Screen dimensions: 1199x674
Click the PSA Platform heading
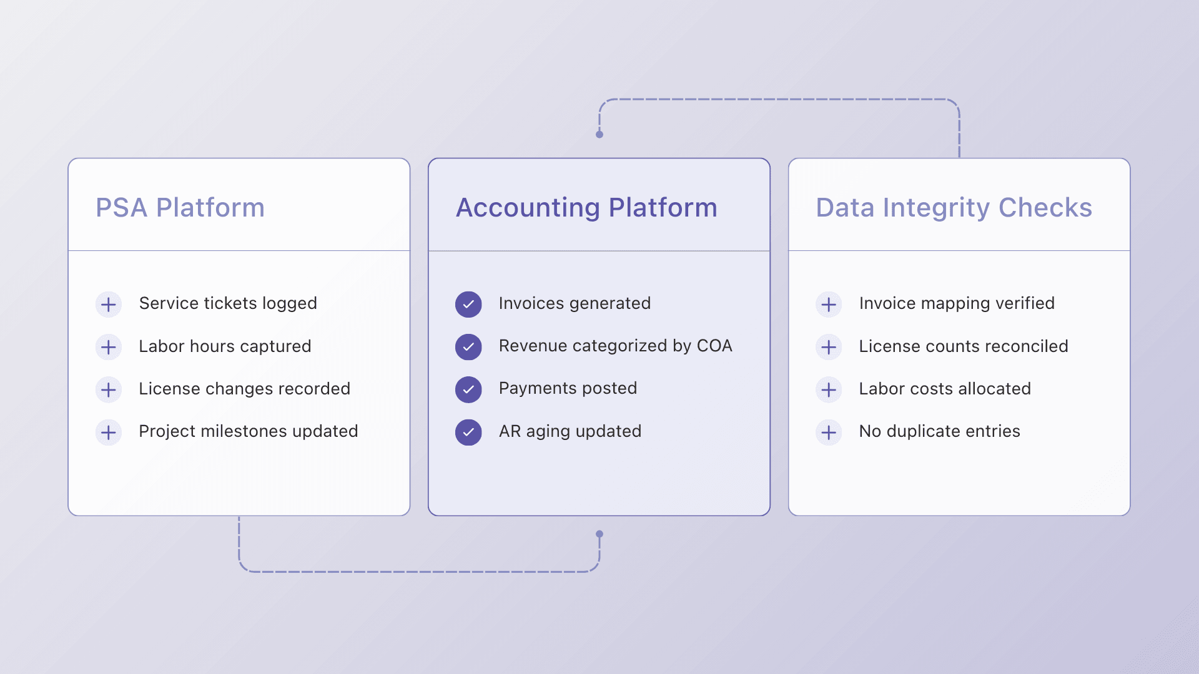tap(180, 208)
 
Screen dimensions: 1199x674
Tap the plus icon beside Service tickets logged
tap(109, 305)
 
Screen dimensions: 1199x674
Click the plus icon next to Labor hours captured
tap(109, 347)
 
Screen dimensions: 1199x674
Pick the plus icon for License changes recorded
tap(109, 390)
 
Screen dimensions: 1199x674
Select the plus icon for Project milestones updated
tap(109, 432)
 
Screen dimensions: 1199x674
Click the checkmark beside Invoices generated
tap(468, 305)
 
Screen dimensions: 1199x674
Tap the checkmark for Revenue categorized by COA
tap(468, 347)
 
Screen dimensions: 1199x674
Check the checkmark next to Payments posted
tap(468, 390)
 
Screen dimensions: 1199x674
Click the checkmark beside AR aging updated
tap(468, 432)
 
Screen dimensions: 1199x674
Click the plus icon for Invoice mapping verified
tap(829, 305)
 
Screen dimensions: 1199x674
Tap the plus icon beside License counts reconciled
tap(829, 347)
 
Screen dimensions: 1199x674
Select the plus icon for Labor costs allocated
tap(829, 390)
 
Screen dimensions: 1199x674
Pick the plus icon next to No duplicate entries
tap(829, 432)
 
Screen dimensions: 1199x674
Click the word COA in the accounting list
tap(714, 346)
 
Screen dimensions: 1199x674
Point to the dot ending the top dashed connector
tap(599, 134)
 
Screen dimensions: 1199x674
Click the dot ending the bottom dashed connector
tap(599, 534)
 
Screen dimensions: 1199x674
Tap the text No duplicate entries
tap(939, 431)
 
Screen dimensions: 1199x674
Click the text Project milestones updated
tap(249, 431)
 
